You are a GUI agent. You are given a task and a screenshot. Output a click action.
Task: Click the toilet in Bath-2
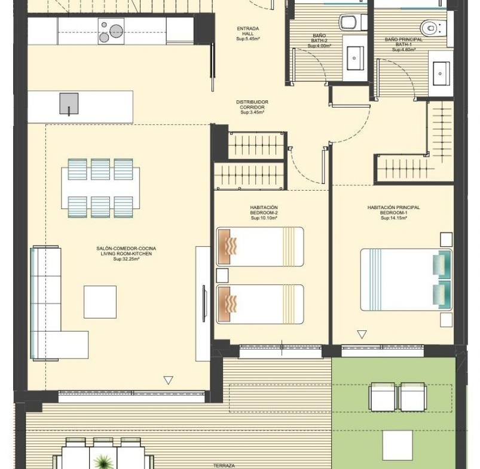pos(353,23)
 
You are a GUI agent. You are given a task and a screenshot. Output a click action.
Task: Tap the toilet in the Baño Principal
pos(433,28)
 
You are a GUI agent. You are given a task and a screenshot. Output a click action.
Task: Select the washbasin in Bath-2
pos(355,58)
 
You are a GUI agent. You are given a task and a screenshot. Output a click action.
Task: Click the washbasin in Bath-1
pos(441,73)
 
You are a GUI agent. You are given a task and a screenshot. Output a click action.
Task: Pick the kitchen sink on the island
pos(69,104)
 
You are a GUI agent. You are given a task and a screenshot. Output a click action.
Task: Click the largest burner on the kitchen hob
pos(117,31)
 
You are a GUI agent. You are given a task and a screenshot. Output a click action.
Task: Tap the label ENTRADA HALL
pos(248,31)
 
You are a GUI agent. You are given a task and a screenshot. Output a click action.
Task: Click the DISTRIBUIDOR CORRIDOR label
pos(252,105)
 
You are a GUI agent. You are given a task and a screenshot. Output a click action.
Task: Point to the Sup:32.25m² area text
pos(126,259)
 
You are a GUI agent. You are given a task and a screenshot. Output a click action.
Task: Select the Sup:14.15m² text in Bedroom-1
pos(394,218)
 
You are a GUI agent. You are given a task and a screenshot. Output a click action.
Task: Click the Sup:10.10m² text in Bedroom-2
pos(264,218)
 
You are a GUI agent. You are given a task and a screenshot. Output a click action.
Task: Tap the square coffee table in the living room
pos(100,302)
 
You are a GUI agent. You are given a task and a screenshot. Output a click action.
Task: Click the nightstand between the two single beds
pos(222,275)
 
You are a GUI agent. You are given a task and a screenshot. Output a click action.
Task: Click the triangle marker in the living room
pos(169,380)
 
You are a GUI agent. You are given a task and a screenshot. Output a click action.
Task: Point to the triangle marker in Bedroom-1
pos(362,335)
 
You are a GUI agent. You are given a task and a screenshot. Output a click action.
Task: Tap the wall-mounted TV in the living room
pos(204,303)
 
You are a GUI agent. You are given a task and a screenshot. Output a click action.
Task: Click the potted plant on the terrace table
pos(103,461)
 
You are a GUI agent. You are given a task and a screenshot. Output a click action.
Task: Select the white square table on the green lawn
pos(398,445)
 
